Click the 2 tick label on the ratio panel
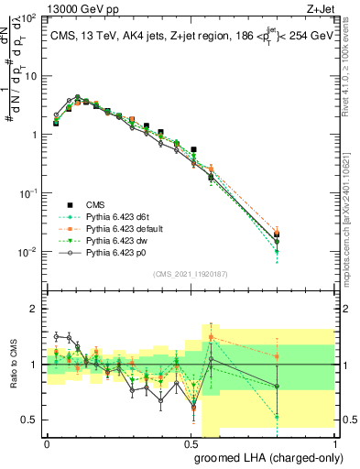35,310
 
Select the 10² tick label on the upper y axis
30,18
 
